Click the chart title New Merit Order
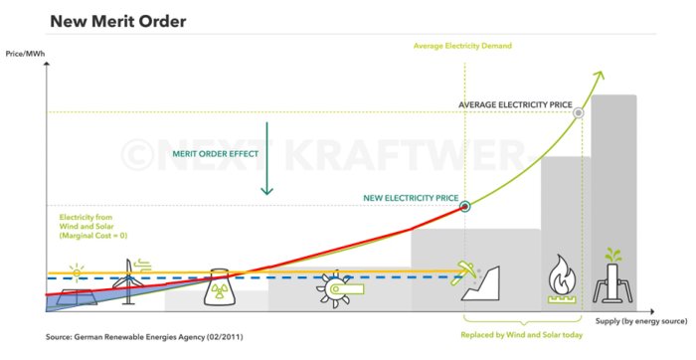(118, 21)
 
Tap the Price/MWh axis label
(25, 54)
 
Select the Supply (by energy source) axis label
(641, 321)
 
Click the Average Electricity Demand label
(462, 46)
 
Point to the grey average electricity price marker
(578, 112)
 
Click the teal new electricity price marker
(464, 206)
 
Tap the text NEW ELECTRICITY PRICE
(411, 198)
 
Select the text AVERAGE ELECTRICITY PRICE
(515, 104)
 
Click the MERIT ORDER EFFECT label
(216, 154)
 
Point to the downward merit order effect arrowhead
(266, 191)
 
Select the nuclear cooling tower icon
(219, 286)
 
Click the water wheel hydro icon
(340, 288)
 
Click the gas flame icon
(562, 278)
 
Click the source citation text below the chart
(144, 337)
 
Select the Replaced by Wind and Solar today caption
(522, 335)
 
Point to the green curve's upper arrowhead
(600, 76)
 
